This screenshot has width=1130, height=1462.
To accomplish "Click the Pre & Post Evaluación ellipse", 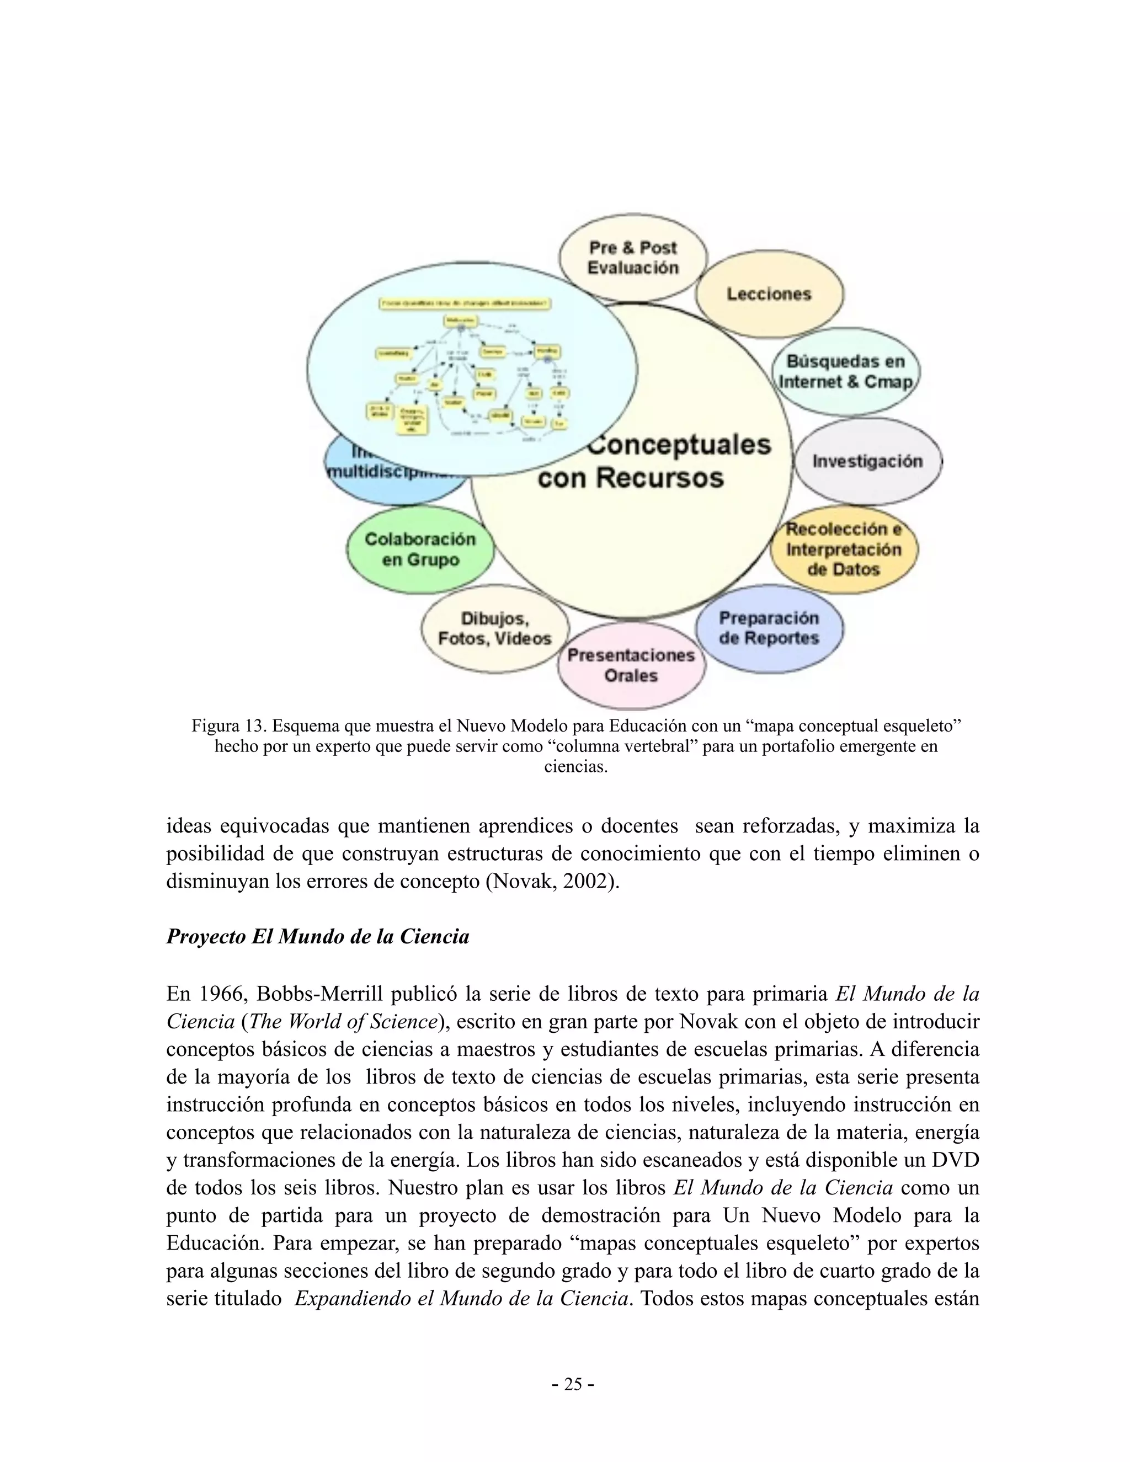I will [633, 258].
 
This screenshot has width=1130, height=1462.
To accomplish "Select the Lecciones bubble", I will [769, 294].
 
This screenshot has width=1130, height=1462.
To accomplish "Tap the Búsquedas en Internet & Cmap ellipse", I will [845, 372].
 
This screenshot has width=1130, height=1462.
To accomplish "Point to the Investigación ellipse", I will [867, 461].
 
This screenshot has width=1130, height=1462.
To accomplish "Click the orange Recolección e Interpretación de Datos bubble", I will [844, 549].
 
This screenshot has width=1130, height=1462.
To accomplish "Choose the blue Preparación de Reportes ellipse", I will [769, 628].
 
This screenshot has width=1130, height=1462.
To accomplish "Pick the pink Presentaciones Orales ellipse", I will [631, 665].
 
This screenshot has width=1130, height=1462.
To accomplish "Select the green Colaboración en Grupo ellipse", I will [420, 549].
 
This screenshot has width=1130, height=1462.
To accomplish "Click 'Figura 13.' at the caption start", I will [229, 725].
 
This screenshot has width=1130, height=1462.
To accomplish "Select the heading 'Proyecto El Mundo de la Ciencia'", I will [317, 936].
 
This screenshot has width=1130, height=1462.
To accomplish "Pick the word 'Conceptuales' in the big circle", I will [679, 445].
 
